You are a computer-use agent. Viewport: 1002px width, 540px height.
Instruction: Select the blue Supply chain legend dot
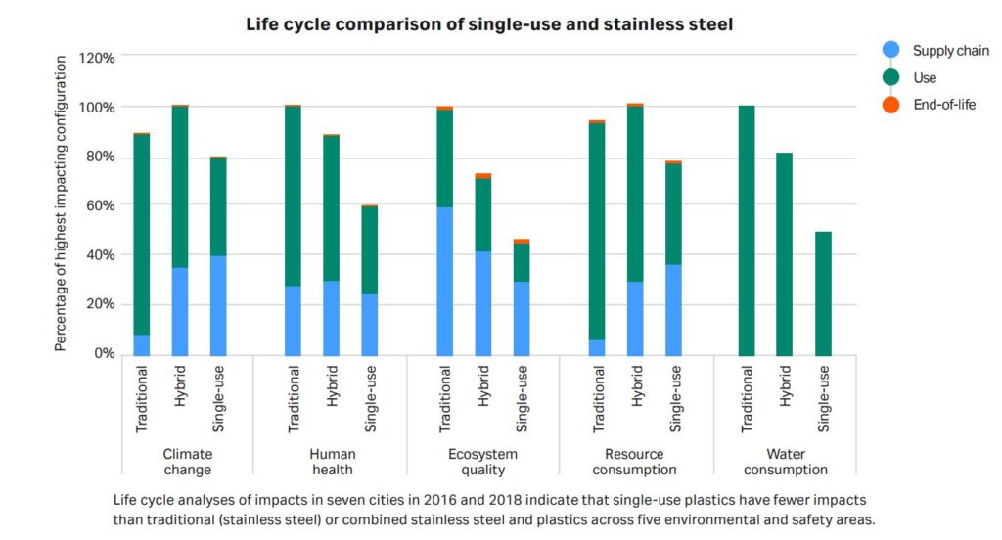coord(890,51)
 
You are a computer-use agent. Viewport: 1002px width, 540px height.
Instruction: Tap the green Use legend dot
coord(890,77)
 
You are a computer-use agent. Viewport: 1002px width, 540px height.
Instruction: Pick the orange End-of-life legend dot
coord(890,105)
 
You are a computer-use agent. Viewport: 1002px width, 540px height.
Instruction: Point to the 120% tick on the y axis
coord(97,58)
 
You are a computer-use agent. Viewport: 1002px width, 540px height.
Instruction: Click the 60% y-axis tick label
coord(100,205)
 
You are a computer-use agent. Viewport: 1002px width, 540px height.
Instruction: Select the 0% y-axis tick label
coord(104,353)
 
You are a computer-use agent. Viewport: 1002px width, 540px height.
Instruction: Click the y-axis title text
coord(61,203)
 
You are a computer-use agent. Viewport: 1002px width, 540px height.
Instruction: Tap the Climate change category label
coord(187,462)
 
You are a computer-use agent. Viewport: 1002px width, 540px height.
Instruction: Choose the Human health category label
coord(332,462)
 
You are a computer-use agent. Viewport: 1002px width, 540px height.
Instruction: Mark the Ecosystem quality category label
coord(482,462)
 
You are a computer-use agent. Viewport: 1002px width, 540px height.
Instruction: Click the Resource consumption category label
coord(634,462)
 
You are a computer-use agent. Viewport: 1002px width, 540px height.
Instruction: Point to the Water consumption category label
coord(786,462)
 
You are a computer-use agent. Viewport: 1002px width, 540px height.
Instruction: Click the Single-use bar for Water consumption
coord(823,292)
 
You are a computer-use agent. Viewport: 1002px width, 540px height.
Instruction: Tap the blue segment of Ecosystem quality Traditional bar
coord(445,281)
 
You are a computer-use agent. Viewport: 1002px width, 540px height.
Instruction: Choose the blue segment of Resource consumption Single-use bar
coord(673,309)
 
